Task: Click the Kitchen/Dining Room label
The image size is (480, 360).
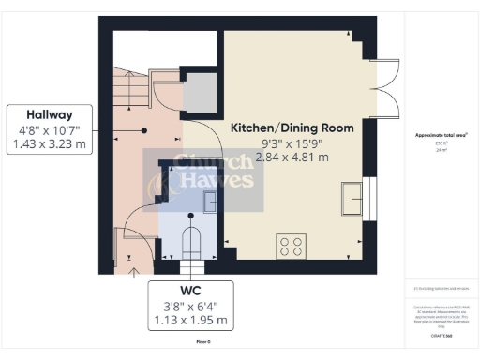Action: pos(292,127)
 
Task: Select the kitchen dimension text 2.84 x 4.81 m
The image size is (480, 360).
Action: pos(292,157)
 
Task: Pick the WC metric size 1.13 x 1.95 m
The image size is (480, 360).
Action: pos(191,320)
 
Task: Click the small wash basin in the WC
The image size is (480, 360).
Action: pos(210,201)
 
